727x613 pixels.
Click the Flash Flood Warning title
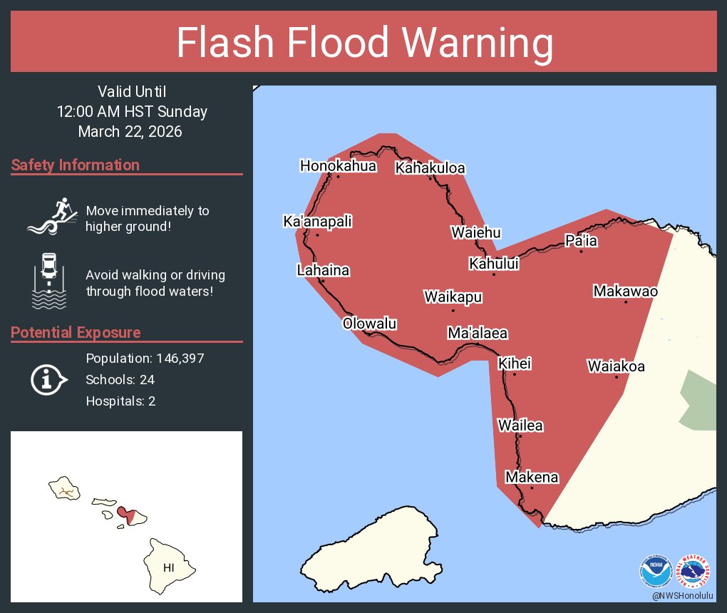pyautogui.click(x=364, y=43)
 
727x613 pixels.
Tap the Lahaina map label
pyautogui.click(x=323, y=270)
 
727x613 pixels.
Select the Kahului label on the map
pyautogui.click(x=493, y=264)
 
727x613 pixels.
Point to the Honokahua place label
pyautogui.click(x=338, y=166)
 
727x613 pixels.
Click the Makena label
pyautogui.click(x=531, y=477)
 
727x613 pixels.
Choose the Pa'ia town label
pyautogui.click(x=581, y=241)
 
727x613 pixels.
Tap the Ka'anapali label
pyautogui.click(x=317, y=222)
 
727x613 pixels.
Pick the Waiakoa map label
pyautogui.click(x=616, y=366)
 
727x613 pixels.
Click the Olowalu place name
pyautogui.click(x=369, y=324)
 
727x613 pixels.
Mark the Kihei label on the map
pyautogui.click(x=514, y=364)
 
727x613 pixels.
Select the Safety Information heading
pyautogui.click(x=76, y=165)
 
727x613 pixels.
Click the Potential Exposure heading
pyautogui.click(x=76, y=333)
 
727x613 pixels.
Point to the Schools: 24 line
pyautogui.click(x=120, y=380)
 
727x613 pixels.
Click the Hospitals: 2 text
pyautogui.click(x=121, y=401)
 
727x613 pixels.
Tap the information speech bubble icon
pyautogui.click(x=48, y=380)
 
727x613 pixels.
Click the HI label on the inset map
pyautogui.click(x=168, y=567)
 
